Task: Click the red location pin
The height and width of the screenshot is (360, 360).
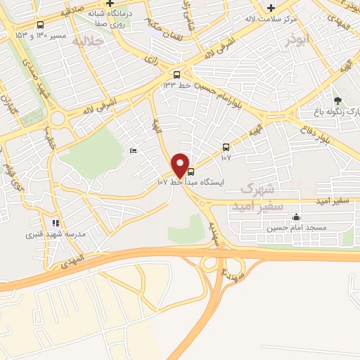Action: pyautogui.click(x=181, y=165)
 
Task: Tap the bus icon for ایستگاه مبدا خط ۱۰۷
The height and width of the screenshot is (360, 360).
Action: pyautogui.click(x=191, y=172)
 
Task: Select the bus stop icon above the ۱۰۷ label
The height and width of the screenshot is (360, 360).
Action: pyautogui.click(x=226, y=147)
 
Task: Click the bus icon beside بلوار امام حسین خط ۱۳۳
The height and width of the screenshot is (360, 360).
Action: pyautogui.click(x=176, y=75)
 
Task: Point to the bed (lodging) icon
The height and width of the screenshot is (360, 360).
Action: pyautogui.click(x=134, y=150)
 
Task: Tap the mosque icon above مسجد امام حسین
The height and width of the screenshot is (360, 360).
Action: pyautogui.click(x=296, y=217)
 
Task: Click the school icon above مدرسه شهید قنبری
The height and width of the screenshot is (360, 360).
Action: pyautogui.click(x=56, y=223)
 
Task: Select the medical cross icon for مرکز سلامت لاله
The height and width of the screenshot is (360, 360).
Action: pyautogui.click(x=271, y=8)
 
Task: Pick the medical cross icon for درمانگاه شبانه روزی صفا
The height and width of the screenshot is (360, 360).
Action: pyautogui.click(x=110, y=3)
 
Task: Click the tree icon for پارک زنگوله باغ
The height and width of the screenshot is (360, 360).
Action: pyautogui.click(x=337, y=101)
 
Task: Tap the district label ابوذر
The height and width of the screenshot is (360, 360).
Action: pyautogui.click(x=297, y=41)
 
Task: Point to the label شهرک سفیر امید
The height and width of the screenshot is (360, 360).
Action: pyautogui.click(x=262, y=196)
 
